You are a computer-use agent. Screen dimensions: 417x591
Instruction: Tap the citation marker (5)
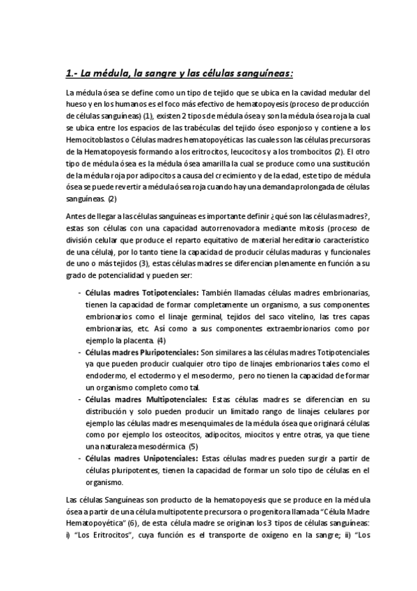coord(194,446)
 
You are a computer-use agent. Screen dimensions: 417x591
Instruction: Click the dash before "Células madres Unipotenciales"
coord(79,459)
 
